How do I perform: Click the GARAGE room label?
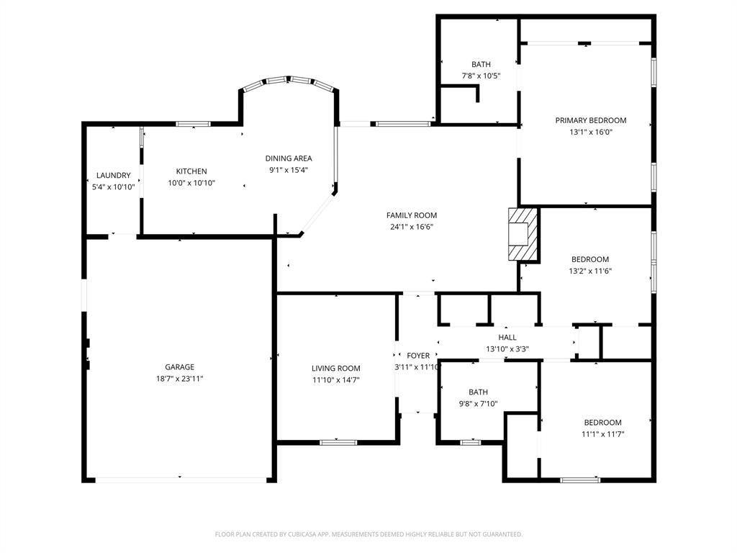pyautogui.click(x=179, y=367)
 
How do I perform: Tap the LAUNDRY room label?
pyautogui.click(x=114, y=176)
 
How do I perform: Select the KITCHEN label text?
pyautogui.click(x=191, y=171)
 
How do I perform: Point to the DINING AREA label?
pyautogui.click(x=289, y=158)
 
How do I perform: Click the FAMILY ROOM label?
pyautogui.click(x=412, y=215)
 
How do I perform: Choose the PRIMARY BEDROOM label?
pyautogui.click(x=590, y=120)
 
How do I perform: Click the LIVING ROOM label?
pyautogui.click(x=336, y=369)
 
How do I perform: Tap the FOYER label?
pyautogui.click(x=418, y=356)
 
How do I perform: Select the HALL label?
pyautogui.click(x=507, y=338)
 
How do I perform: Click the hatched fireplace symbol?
pyautogui.click(x=523, y=234)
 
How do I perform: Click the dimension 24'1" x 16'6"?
pyautogui.click(x=412, y=226)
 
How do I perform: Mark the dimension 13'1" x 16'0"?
pyautogui.click(x=590, y=132)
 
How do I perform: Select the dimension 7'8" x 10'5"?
pyautogui.click(x=481, y=76)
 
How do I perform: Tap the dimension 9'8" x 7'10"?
pyautogui.click(x=479, y=403)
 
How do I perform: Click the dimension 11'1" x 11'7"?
pyautogui.click(x=602, y=433)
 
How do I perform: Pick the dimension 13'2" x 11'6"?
pyautogui.click(x=590, y=271)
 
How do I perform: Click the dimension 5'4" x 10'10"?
pyautogui.click(x=114, y=186)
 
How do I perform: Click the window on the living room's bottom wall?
pyautogui.click(x=338, y=442)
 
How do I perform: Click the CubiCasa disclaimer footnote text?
pyautogui.click(x=368, y=534)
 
